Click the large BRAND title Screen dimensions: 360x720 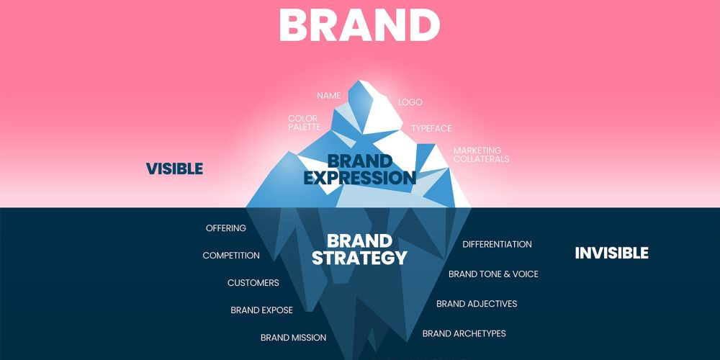tap(359, 25)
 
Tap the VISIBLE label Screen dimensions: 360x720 tap(174, 169)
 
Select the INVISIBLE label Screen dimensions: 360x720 tap(611, 253)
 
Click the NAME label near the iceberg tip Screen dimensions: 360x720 tap(329, 96)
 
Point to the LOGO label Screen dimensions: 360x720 tap(410, 102)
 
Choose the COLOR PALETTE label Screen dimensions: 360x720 tap(304, 122)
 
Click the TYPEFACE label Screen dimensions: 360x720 tap(431, 128)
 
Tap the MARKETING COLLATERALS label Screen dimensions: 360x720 tap(481, 155)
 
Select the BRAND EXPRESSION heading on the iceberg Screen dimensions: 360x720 tap(360, 169)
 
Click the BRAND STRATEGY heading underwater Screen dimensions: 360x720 tap(359, 249)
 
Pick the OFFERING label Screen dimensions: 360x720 tap(226, 228)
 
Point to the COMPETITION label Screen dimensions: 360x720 tap(231, 256)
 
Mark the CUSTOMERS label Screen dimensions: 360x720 tap(253, 283)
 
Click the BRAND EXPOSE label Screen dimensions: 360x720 tap(261, 310)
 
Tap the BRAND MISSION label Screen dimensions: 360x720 tap(293, 338)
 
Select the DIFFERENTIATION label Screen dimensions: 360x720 tap(497, 244)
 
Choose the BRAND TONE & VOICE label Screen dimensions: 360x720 tap(493, 274)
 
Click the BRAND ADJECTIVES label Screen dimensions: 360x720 tap(477, 304)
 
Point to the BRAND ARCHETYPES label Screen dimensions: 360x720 tap(464, 333)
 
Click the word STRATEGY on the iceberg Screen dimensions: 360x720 tap(359, 258)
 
